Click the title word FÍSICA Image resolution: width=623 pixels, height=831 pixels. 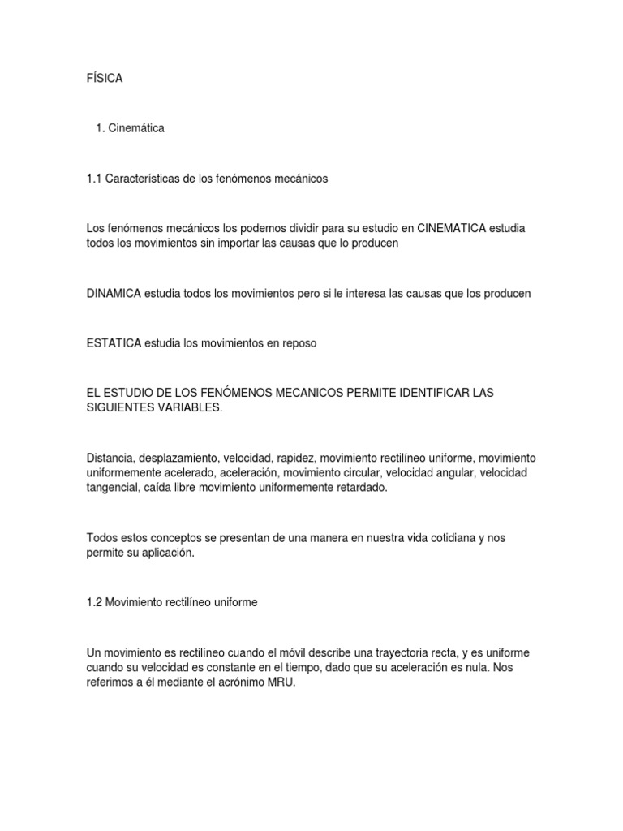[x=104, y=78]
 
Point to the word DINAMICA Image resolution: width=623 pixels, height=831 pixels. [x=114, y=293]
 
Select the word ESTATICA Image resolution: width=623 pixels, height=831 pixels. [x=113, y=343]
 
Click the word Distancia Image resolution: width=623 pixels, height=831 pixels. [x=110, y=459]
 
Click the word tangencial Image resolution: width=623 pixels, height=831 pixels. [x=112, y=488]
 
